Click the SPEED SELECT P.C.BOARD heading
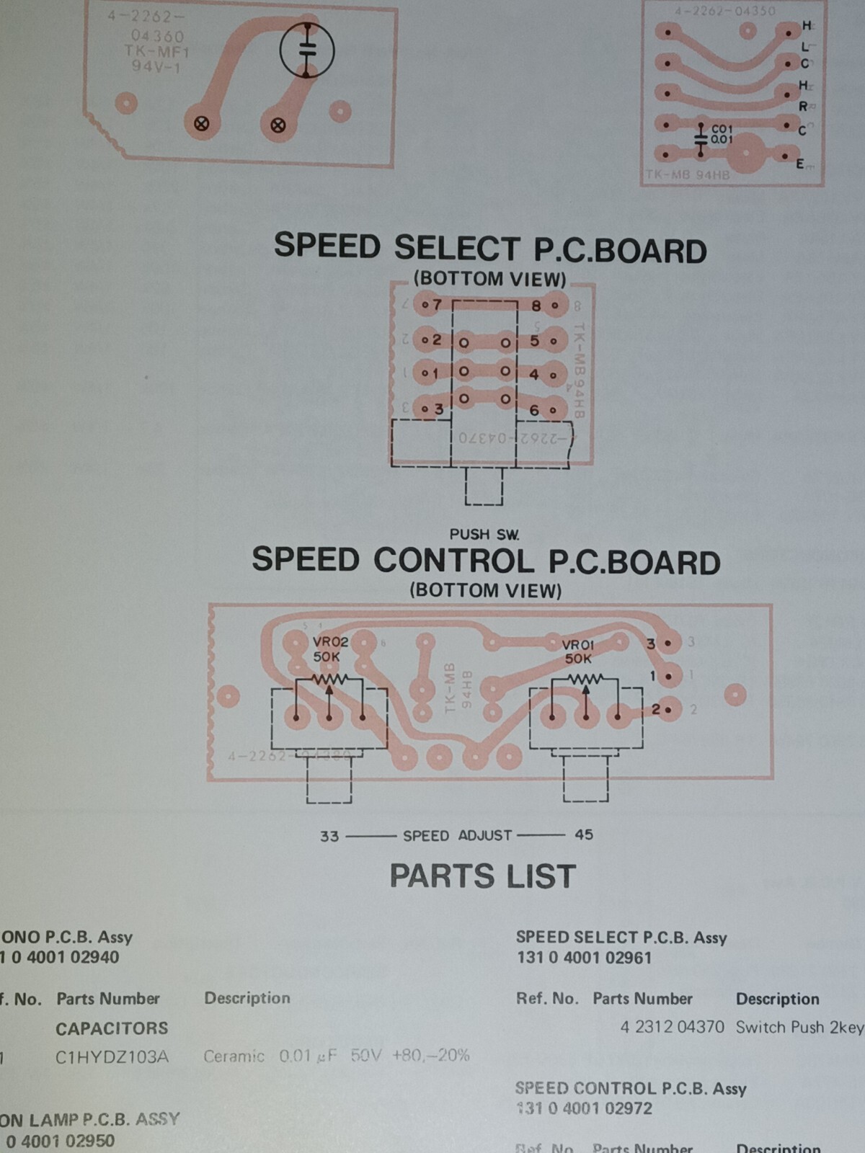point(489,248)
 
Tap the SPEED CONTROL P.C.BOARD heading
point(485,561)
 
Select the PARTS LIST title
point(482,876)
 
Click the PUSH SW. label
point(484,534)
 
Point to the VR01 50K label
point(578,651)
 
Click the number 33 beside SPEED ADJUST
point(329,836)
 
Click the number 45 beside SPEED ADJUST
point(584,834)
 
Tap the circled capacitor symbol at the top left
point(307,50)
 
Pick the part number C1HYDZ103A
point(112,1057)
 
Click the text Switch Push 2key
point(799,1027)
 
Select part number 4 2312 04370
point(672,1027)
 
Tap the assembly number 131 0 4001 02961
point(584,958)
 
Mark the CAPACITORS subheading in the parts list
point(112,1028)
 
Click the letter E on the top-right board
point(800,164)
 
